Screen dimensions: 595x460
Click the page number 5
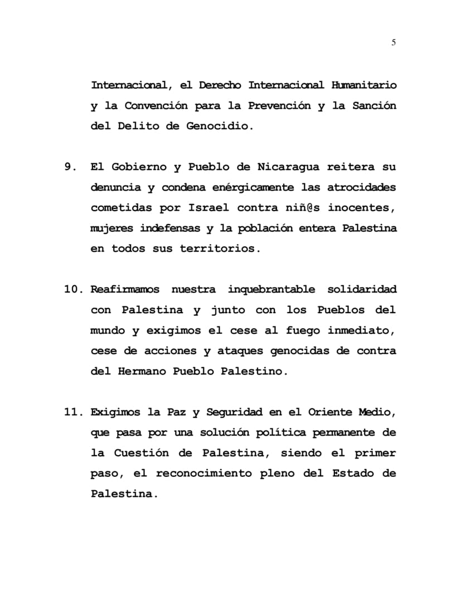point(394,42)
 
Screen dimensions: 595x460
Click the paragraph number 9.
point(70,167)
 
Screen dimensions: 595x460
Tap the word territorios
point(220,249)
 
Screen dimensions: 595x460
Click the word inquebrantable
point(271,290)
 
